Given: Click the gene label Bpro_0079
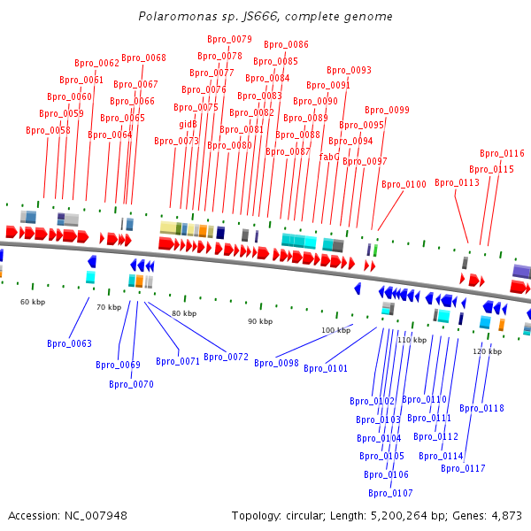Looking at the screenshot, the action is (229, 39).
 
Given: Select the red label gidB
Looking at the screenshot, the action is (188, 124).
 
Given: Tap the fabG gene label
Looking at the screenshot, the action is (329, 157).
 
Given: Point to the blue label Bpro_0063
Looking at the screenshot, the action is (69, 343).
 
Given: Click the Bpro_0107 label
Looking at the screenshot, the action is (390, 493).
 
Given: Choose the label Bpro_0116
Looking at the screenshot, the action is (502, 153).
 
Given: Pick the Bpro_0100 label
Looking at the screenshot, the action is (404, 184).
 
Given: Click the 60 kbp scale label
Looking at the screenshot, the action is (33, 302).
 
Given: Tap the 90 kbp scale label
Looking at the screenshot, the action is (260, 321).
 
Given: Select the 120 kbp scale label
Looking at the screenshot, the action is (488, 351).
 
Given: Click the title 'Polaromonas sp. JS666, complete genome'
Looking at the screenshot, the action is (265, 16).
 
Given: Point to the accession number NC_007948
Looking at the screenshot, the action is (96, 515).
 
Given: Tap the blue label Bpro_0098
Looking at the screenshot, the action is (276, 363).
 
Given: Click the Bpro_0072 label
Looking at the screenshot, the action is (226, 357).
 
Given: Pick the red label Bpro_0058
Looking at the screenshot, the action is (48, 130).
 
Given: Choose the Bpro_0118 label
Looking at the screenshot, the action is (481, 408).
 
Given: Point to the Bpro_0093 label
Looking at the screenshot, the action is (349, 70).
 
